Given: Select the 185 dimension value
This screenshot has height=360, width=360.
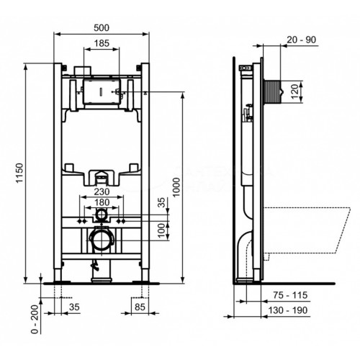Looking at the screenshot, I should pyautogui.click(x=102, y=45).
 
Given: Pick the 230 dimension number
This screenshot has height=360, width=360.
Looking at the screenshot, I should pyautogui.click(x=102, y=194).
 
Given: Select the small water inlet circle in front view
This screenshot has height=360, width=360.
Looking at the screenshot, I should pyautogui.click(x=102, y=216).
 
